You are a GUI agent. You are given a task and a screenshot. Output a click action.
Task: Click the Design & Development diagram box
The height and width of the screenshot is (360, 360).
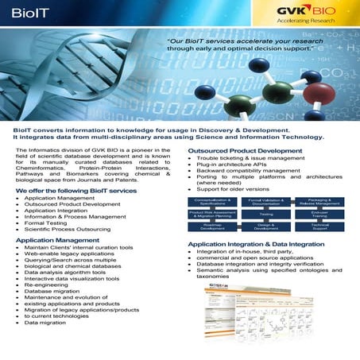click(x=267, y=226)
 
